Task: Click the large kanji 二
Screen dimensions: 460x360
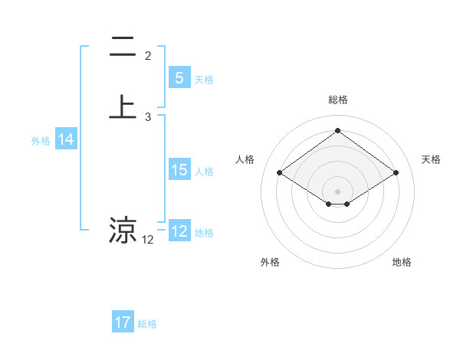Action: point(122,48)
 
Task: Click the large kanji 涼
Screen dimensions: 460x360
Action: point(122,230)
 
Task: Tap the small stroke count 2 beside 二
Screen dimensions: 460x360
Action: point(148,56)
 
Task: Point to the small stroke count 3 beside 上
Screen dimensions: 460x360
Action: point(148,117)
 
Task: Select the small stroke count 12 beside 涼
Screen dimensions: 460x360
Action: point(148,240)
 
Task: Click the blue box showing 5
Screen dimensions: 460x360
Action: point(179,78)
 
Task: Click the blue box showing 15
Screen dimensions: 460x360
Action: point(179,170)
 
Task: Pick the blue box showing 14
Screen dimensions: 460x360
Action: point(65,139)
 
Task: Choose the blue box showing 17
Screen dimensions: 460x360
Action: point(122,322)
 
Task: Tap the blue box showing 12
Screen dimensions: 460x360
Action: point(179,231)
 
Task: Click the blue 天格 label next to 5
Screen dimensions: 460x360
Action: point(204,80)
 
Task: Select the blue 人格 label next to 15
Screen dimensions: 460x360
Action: point(204,172)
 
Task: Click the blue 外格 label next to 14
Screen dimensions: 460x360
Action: point(41,141)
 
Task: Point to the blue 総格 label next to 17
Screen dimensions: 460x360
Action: point(147,324)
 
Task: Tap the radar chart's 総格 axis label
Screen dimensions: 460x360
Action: point(337,100)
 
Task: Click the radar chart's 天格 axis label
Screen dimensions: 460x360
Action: point(431,159)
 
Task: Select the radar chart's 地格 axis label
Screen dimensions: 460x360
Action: point(402,262)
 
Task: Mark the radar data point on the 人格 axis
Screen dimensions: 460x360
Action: point(280,173)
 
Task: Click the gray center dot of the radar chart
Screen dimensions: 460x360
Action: point(337,191)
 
